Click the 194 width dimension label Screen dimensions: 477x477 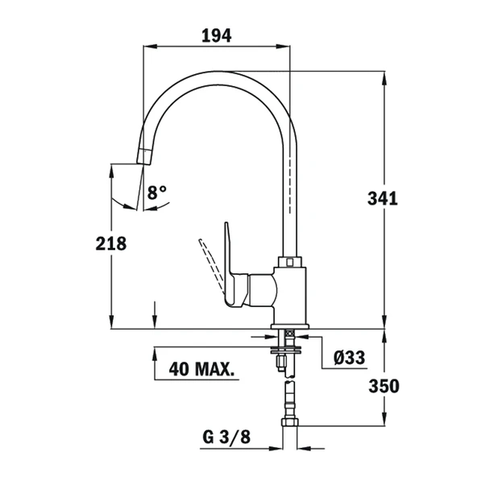pos(215,35)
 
